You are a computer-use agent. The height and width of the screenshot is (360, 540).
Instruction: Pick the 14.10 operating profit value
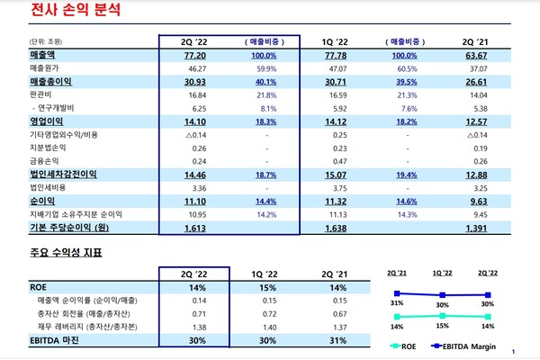pos(195,121)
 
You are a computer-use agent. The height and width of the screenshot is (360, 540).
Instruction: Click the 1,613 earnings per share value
pos(195,229)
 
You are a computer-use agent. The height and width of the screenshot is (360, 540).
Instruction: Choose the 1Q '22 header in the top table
pos(336,41)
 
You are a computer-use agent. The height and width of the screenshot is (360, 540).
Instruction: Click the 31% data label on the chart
pos(396,303)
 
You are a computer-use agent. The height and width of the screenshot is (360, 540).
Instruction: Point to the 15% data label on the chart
pos(443,327)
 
